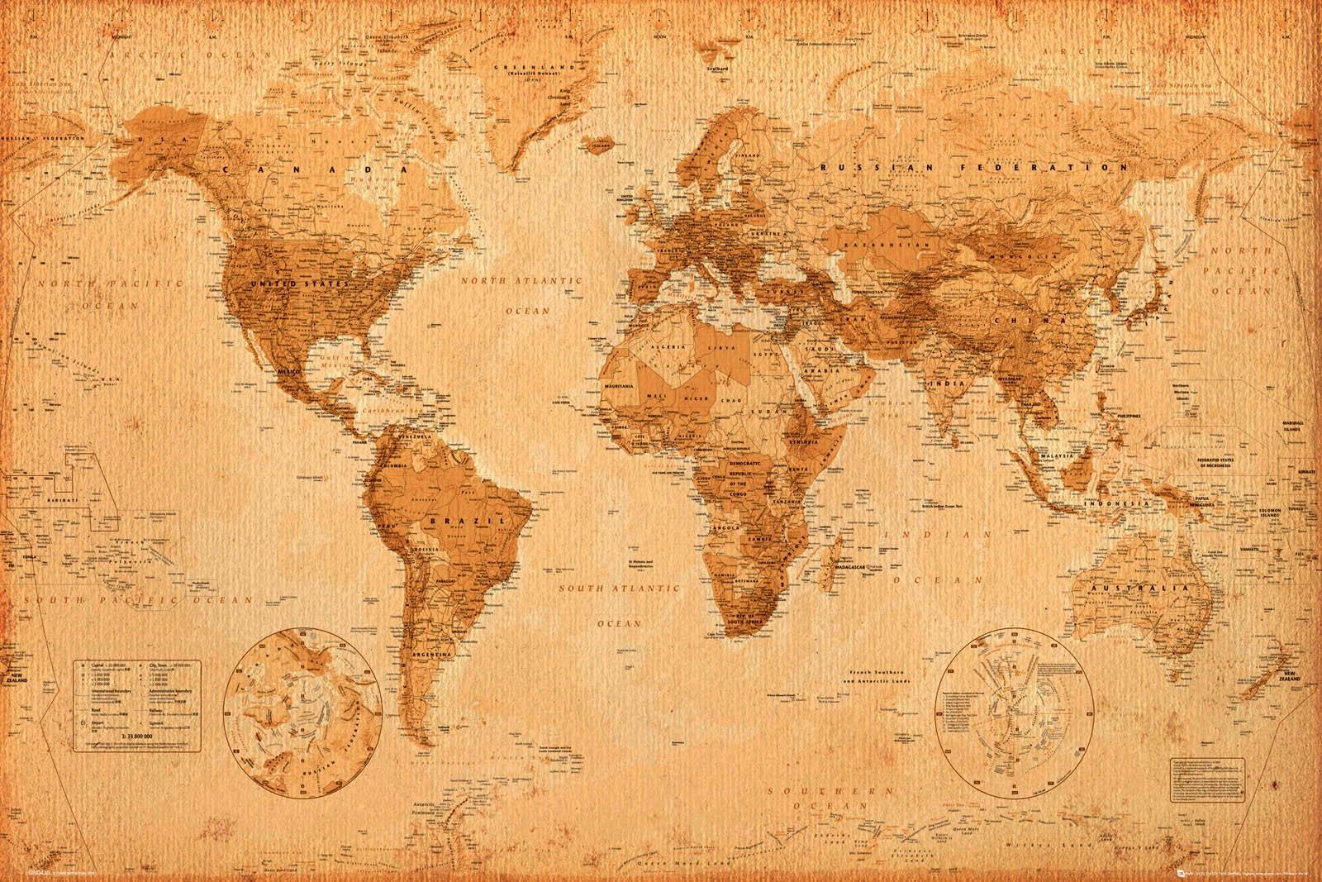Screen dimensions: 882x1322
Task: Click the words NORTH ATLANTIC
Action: click(x=521, y=281)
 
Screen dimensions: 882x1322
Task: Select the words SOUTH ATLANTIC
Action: click(x=611, y=590)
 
